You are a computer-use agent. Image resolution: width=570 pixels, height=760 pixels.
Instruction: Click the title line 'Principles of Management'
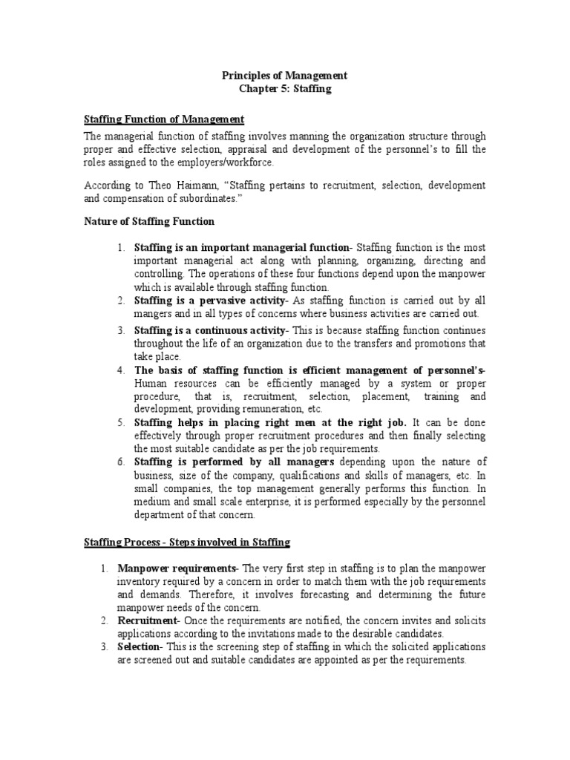tap(285, 76)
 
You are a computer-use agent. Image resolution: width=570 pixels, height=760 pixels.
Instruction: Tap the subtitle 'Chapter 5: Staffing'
tap(285, 89)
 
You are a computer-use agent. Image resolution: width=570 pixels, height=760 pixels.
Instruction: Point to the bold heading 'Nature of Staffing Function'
tap(149, 221)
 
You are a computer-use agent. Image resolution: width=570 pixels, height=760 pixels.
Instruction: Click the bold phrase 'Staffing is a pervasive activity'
tap(209, 300)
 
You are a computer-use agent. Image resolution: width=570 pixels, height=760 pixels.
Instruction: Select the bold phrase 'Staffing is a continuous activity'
tap(212, 330)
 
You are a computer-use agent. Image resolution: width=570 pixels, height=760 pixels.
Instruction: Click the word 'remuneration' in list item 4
tap(263, 409)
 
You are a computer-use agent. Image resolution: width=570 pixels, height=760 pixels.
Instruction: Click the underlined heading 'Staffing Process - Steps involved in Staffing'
tap(186, 543)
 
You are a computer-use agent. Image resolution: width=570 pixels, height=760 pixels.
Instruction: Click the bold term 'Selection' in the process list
tap(139, 646)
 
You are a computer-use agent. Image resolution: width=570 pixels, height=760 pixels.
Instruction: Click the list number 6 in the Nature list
tap(120, 462)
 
